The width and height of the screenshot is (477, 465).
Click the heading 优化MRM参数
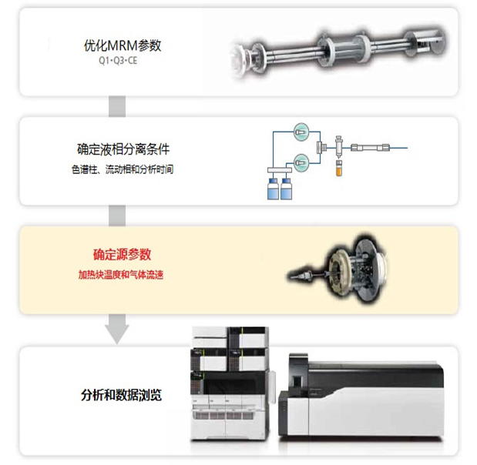point(123,45)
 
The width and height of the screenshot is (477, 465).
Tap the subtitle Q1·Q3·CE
point(118,61)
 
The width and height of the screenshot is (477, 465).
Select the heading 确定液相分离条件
point(123,149)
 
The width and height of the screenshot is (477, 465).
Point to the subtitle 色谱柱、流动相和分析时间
point(123,169)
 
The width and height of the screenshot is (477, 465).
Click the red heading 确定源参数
point(122,254)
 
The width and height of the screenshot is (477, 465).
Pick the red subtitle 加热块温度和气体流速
point(121,275)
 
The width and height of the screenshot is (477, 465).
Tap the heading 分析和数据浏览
point(121,395)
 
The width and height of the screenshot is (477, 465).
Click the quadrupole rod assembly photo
point(338,51)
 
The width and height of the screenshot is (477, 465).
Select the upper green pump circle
point(301,132)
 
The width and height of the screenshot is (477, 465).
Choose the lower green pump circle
point(301,162)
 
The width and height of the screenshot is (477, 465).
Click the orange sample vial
point(339,169)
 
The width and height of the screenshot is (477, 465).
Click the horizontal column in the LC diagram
point(370,148)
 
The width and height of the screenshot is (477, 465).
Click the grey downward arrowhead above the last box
point(117,334)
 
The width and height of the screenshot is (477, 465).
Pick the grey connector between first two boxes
point(117,106)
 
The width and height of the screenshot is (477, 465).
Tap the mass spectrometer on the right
point(361,395)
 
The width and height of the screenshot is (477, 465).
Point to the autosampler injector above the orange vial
point(338,148)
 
